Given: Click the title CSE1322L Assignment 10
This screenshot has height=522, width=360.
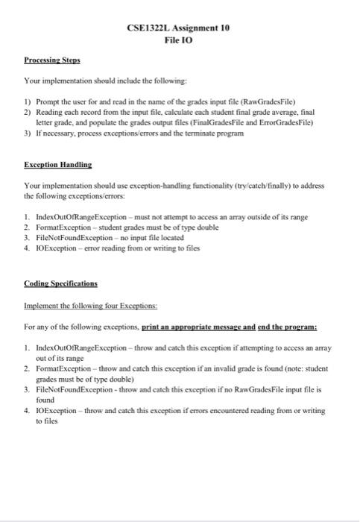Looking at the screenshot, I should tap(179, 27).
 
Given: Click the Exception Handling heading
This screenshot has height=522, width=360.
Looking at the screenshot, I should tap(57, 163).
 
